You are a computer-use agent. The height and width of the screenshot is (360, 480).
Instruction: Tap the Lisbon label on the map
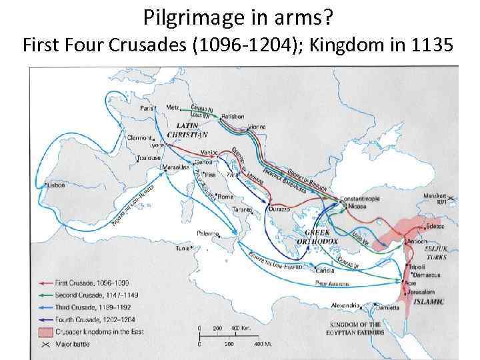click(56, 185)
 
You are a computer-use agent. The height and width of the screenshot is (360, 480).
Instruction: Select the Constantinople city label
click(361, 199)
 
